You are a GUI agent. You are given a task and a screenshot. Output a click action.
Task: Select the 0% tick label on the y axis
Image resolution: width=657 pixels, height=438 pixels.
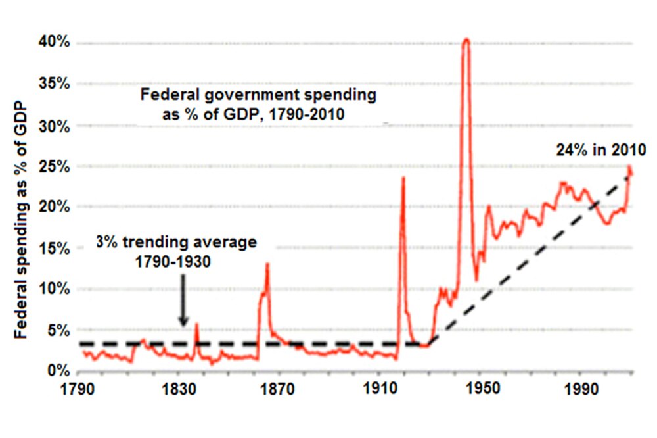click(59, 371)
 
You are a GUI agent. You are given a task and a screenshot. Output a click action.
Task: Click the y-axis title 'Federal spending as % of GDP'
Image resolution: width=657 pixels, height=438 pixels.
click(22, 220)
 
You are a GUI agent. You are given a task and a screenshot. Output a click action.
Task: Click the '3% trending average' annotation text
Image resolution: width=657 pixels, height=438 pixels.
click(176, 242)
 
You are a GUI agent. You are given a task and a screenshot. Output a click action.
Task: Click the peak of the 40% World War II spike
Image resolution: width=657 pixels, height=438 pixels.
click(466, 39)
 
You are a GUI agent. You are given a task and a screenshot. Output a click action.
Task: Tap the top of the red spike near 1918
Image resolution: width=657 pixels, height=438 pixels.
click(403, 178)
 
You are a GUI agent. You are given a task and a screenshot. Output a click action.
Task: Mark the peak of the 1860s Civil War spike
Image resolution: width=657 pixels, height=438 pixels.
click(267, 264)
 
